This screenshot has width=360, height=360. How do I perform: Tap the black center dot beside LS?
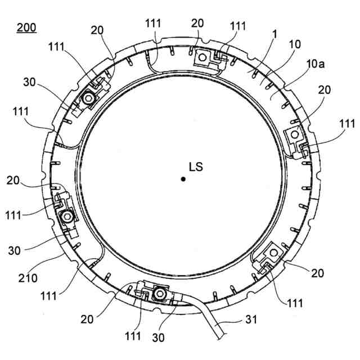click(183, 179)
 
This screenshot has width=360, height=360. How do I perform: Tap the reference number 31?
click(251, 319)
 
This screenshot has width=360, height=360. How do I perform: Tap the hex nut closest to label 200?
click(88, 100)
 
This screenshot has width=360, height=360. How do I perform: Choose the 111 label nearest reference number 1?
click(238, 26)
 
